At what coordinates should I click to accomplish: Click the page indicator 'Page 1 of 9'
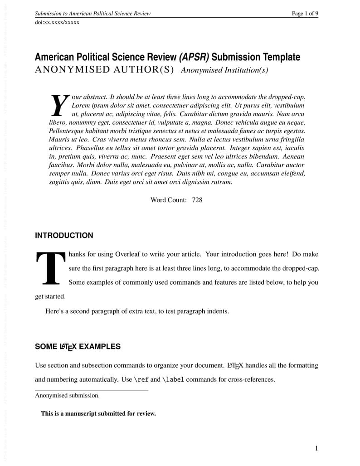pyautogui.click(x=305, y=14)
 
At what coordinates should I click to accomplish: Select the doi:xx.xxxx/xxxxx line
pyautogui.click(x=57, y=22)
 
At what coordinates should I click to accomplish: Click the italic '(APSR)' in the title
pyautogui.click(x=194, y=57)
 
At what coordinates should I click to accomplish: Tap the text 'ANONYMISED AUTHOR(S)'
pyautogui.click(x=104, y=70)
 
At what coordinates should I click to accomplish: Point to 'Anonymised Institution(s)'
pyautogui.click(x=224, y=70)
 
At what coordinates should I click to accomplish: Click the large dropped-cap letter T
pyautogui.click(x=50, y=268)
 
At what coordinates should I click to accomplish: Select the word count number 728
pyautogui.click(x=197, y=199)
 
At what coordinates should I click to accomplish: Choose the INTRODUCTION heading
pyautogui.click(x=64, y=236)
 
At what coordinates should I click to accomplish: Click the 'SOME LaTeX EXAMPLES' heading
pyautogui.click(x=78, y=347)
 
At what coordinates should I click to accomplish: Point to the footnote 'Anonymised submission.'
pyautogui.click(x=67, y=395)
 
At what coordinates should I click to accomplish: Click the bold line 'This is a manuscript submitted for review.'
pyautogui.click(x=98, y=413)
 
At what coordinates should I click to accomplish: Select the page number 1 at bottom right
pyautogui.click(x=316, y=448)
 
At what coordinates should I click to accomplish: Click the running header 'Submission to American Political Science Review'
pyautogui.click(x=93, y=14)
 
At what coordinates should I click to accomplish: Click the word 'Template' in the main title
pyautogui.click(x=278, y=57)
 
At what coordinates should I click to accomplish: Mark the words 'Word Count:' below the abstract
pyautogui.click(x=168, y=199)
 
